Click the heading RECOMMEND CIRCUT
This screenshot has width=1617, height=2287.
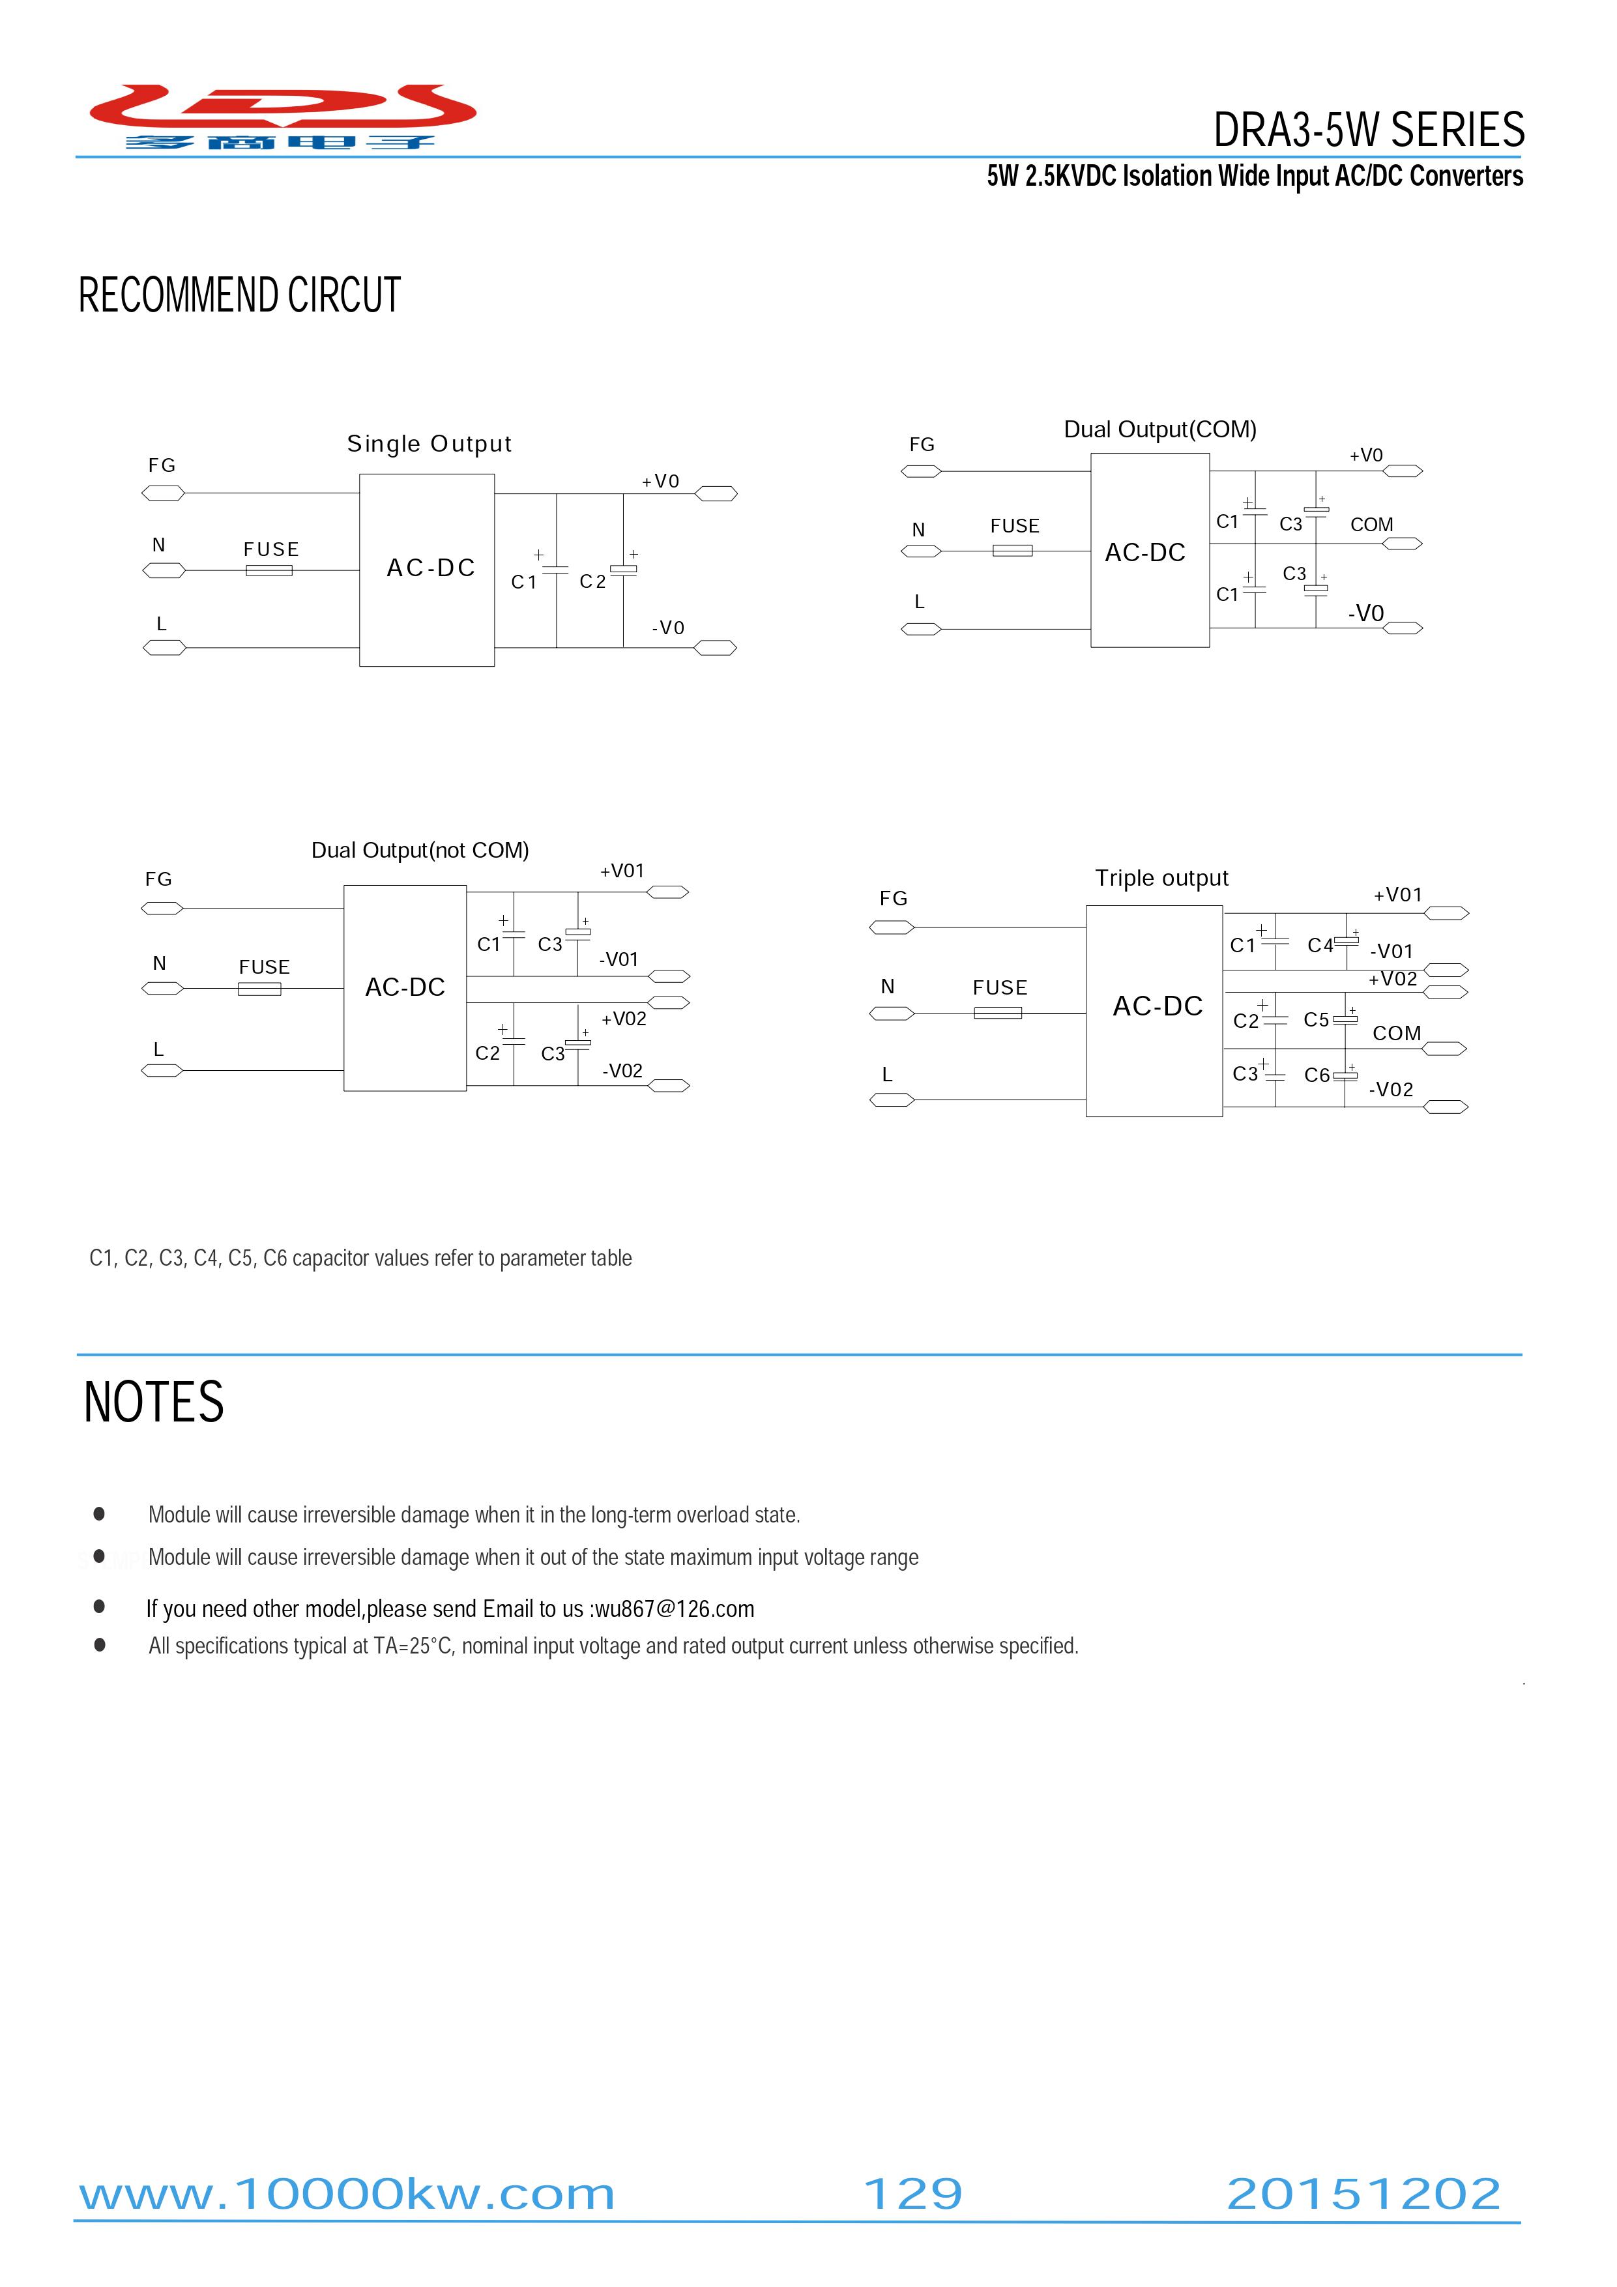pos(239,296)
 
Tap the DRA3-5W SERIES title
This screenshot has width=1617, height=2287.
pos(1369,130)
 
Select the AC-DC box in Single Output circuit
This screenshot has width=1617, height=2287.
pos(426,570)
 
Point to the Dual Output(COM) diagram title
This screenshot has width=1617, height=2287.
pos(1159,430)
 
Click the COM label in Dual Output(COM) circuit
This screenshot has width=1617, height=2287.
pos(1371,525)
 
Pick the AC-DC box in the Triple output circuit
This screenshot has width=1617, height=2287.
pos(1154,1011)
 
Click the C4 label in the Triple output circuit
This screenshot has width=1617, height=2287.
pos(1320,945)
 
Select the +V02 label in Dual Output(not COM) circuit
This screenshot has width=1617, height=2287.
pos(624,1019)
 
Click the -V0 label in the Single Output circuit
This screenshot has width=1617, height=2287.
pos(669,628)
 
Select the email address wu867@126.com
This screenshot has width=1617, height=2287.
pos(675,1609)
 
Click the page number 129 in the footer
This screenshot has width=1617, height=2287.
pos(912,2194)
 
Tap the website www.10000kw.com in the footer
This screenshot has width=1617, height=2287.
pos(347,2194)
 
